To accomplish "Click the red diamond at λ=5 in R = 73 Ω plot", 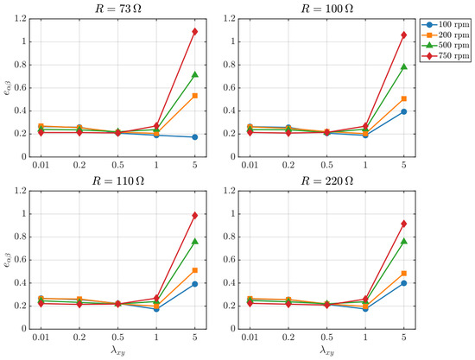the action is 195,31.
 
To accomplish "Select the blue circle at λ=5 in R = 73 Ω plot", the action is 195,137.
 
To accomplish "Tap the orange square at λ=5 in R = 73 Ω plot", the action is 195,96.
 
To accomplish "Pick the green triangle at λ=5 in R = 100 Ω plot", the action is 404,66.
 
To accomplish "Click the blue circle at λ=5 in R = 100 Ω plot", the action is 404,111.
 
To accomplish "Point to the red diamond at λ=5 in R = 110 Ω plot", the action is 195,215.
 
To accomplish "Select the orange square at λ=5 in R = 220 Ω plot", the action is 404,274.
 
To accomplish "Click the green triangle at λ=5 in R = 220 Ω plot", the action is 404,241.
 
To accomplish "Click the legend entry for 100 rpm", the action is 446,25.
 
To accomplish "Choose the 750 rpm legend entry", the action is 446,56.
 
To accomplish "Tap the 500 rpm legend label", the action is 454,45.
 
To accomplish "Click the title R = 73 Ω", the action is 118,9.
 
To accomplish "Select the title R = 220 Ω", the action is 326,181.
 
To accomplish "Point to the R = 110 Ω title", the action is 118,181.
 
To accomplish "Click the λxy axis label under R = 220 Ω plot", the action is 326,351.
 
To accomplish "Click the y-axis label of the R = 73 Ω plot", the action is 7,87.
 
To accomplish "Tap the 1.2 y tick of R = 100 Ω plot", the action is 230,19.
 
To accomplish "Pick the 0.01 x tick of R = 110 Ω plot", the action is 41,338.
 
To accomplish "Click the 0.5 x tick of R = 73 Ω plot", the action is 117,165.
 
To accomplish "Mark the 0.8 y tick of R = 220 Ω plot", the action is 230,237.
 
